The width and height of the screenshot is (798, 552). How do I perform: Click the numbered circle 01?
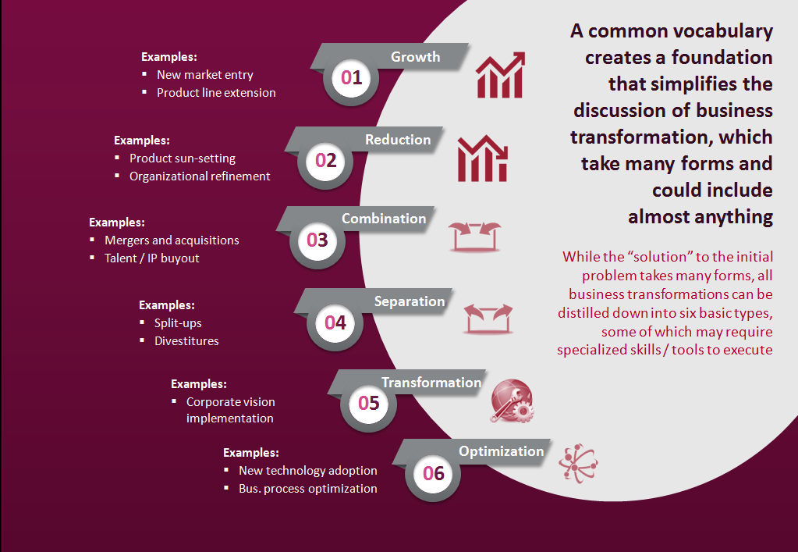coord(352,77)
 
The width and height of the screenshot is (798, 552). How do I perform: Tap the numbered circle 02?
coord(325,161)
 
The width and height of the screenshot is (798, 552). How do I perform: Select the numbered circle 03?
coord(317,240)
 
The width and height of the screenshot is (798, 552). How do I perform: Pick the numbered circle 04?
coord(335,322)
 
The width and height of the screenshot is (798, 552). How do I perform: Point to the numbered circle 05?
coord(368,403)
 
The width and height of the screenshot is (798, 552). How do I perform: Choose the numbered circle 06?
coord(433,473)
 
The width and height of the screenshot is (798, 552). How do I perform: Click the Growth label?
coord(415,57)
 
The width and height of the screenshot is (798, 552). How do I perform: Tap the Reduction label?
coord(398,140)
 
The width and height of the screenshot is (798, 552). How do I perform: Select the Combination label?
coord(384,219)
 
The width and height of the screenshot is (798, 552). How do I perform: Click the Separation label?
coord(409,301)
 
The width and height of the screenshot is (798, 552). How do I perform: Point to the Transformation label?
coord(431,383)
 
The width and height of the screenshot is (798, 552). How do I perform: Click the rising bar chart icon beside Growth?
coord(500,74)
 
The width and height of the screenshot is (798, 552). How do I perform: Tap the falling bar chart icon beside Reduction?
coord(482,158)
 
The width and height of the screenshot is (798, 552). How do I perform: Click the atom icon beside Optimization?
coord(578,466)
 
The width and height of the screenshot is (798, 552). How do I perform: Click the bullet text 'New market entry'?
coord(205,75)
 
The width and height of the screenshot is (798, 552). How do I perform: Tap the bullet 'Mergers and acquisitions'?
coord(172,240)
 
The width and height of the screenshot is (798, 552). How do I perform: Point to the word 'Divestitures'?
coord(186,340)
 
